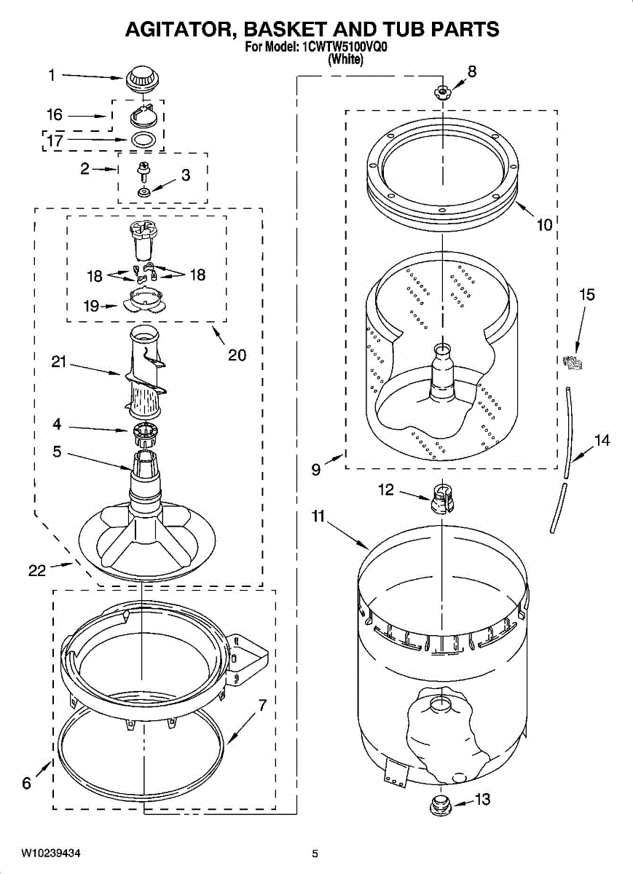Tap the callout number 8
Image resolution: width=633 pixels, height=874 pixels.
[472, 71]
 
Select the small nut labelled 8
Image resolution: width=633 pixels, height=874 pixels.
[441, 92]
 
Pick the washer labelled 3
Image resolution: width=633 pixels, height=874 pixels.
[143, 192]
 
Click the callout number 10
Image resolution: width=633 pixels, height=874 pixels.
[545, 225]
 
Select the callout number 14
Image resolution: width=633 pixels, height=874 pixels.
[602, 441]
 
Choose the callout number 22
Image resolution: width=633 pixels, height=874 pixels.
[37, 570]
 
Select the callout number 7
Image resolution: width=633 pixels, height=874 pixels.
[262, 705]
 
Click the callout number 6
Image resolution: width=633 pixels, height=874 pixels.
[27, 784]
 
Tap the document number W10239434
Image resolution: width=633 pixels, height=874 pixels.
[51, 853]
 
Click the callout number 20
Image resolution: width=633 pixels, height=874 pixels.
[237, 355]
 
